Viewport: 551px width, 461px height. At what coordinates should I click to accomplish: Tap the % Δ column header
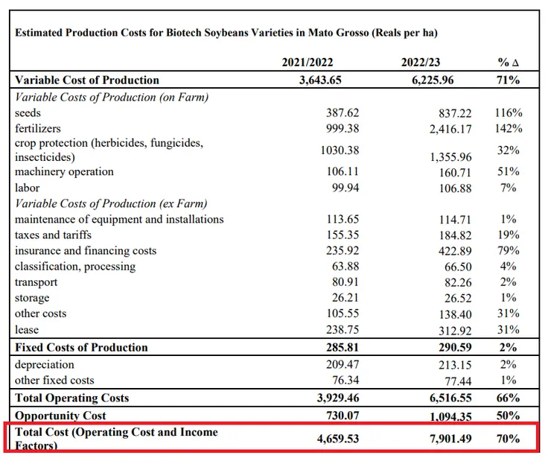coord(508,63)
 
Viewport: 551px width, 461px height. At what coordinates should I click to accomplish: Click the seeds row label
coord(29,112)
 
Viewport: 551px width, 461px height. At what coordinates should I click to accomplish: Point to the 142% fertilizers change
coord(508,128)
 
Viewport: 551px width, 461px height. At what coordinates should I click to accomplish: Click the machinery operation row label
coord(64,172)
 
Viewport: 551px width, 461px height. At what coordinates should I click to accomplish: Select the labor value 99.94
coord(343,188)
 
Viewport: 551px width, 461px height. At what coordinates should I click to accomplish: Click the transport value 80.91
coord(343,282)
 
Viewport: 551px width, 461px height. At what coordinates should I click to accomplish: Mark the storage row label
coord(32,298)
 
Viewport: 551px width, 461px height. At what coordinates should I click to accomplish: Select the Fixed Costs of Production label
coord(81,347)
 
